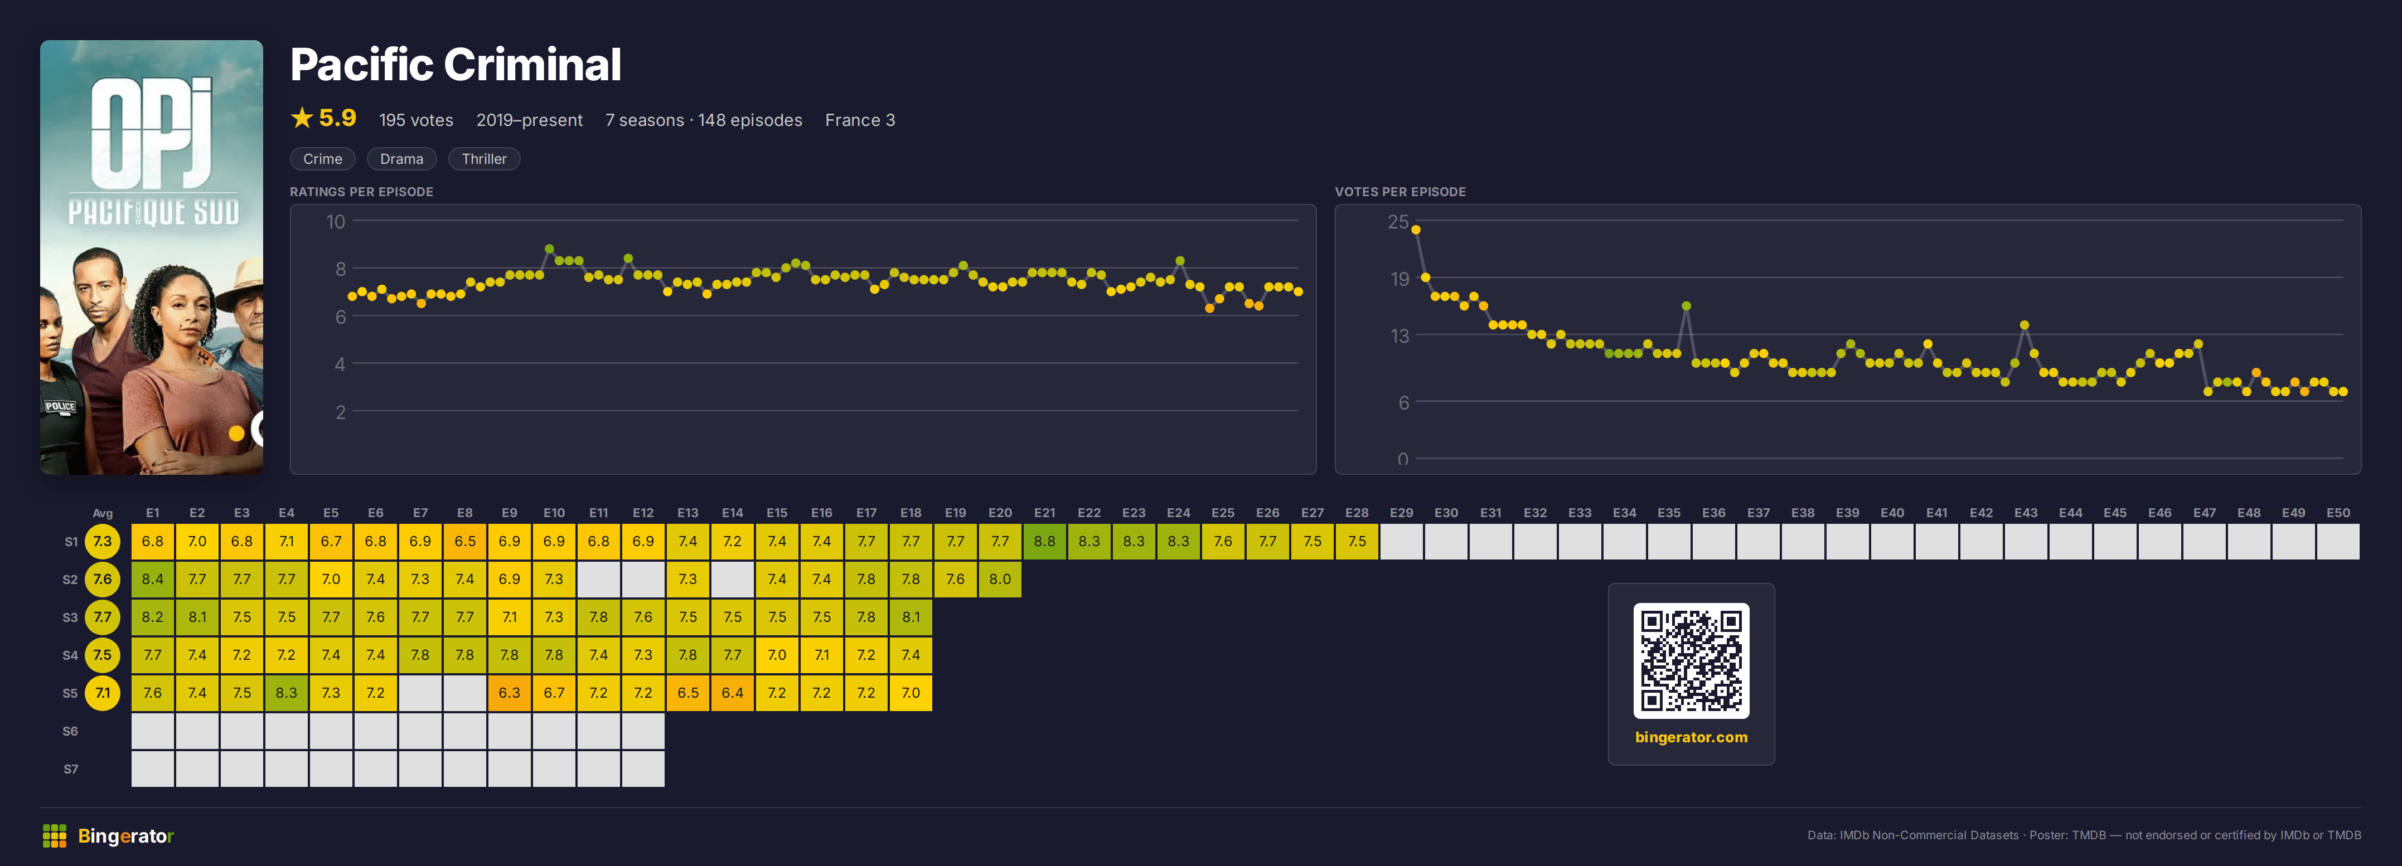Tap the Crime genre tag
click(x=323, y=158)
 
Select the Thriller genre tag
click(x=484, y=158)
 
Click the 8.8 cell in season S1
click(x=1044, y=541)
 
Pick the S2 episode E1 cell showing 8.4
click(x=153, y=579)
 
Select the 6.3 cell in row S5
click(x=509, y=693)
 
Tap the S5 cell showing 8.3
click(x=286, y=693)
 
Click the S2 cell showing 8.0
click(x=1000, y=579)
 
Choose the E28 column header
click(x=1357, y=513)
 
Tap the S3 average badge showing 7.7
click(x=103, y=617)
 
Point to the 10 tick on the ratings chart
click(x=336, y=222)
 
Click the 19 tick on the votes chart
click(x=1399, y=279)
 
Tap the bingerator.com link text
click(x=1691, y=737)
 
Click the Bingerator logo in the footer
click(x=108, y=836)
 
